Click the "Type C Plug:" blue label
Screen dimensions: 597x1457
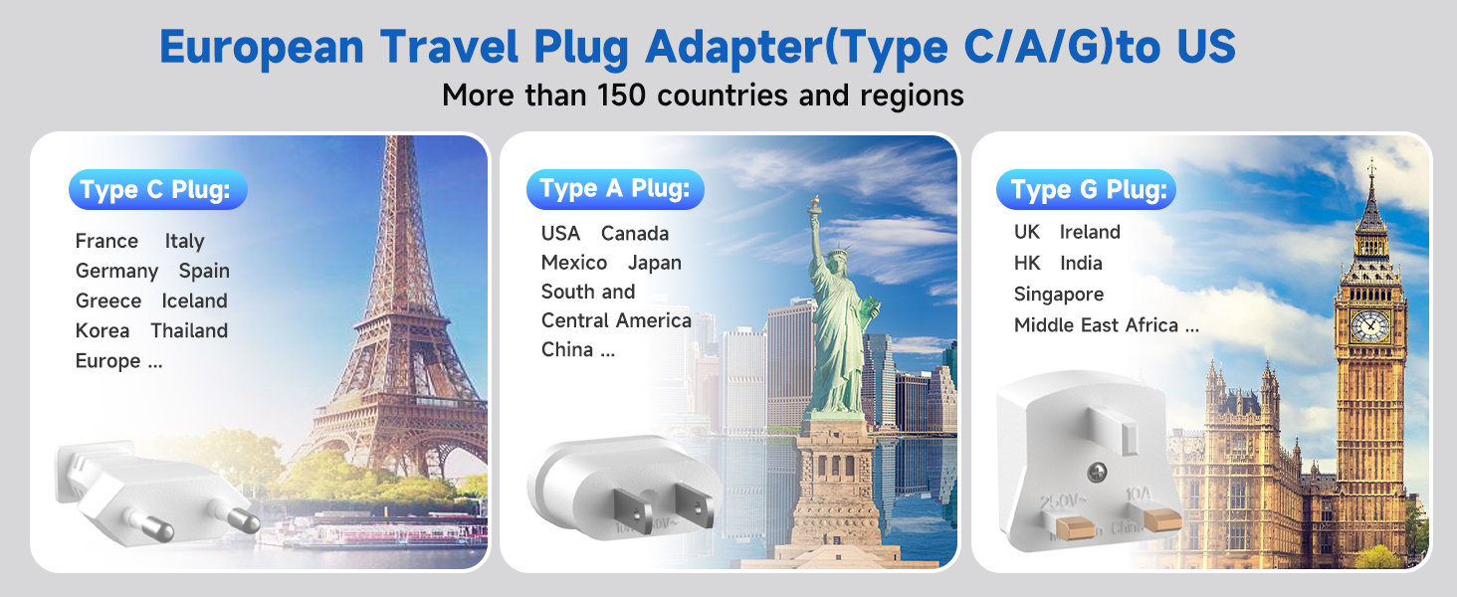156,190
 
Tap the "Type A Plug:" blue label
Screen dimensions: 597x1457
615,189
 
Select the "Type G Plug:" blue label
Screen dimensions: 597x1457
1087,190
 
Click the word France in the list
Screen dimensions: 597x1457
106,241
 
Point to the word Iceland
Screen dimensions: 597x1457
194,300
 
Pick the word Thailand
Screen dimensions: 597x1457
189,330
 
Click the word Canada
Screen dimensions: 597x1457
635,233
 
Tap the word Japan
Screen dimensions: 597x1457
655,263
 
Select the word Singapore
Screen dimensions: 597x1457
1059,295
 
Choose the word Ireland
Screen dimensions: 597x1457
1090,232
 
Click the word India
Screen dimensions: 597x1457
1081,263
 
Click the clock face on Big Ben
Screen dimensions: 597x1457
1369,324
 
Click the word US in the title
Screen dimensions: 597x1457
1200,46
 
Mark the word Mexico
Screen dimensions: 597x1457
574,263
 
